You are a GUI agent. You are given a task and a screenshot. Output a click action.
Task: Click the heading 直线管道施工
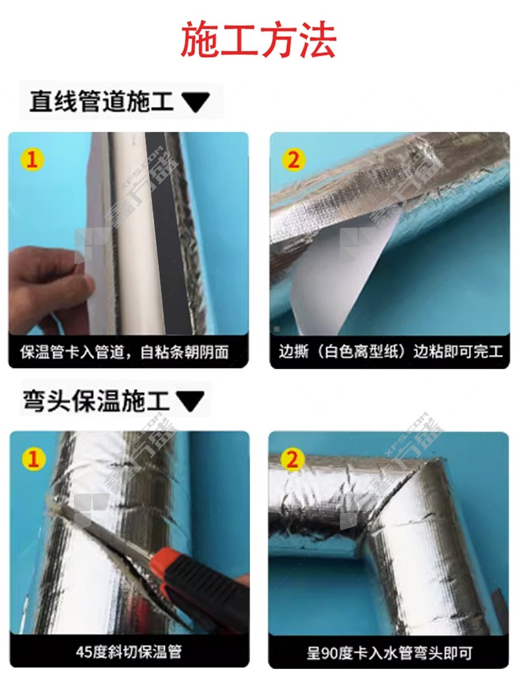point(102,101)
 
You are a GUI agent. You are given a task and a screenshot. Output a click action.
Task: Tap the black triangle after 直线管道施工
point(196,102)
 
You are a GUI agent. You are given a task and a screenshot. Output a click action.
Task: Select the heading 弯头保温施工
point(96,401)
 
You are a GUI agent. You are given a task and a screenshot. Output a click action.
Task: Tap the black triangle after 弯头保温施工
point(190,402)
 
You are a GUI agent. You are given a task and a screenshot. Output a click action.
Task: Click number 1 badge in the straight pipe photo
point(32,159)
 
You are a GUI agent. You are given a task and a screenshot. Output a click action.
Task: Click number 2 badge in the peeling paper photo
point(293,159)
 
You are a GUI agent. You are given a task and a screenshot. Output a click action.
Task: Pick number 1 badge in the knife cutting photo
point(34,459)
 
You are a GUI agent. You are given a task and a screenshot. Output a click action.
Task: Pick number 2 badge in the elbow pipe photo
point(292,460)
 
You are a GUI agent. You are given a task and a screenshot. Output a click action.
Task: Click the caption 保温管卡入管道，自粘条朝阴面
point(124,352)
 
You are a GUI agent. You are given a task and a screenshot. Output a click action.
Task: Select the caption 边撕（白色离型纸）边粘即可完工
point(390,352)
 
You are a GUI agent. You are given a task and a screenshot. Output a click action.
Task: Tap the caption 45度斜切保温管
point(128,651)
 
